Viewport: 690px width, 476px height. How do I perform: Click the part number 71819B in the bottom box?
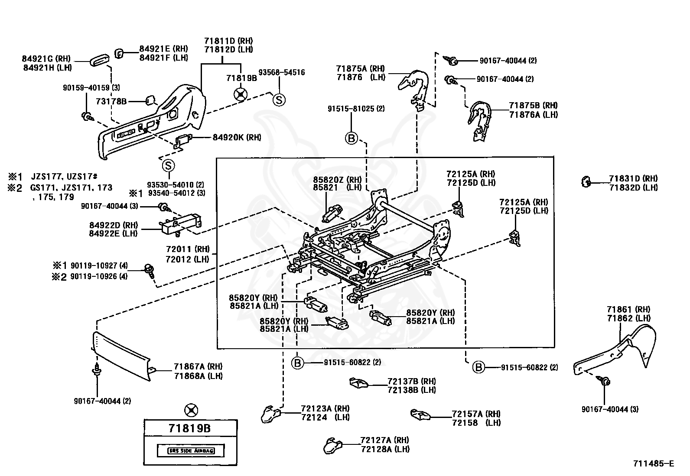[x=190, y=428]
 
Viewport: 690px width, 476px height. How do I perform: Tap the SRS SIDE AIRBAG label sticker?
[x=191, y=451]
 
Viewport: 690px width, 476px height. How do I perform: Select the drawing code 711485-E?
[x=654, y=463]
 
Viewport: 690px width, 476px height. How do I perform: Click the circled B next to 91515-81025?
[x=351, y=138]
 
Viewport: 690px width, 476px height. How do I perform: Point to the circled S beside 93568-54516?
[x=279, y=100]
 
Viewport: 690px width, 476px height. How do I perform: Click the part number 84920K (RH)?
[x=237, y=137]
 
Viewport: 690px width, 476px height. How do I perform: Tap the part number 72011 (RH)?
[x=188, y=249]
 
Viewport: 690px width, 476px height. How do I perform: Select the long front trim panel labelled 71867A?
[x=121, y=356]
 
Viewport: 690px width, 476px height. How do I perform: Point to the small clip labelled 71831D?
[x=586, y=182]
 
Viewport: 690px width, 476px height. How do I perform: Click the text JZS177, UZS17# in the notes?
[x=64, y=177]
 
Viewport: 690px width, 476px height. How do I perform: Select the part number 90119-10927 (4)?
[x=99, y=266]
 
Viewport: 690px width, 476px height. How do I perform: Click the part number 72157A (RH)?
[x=475, y=414]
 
